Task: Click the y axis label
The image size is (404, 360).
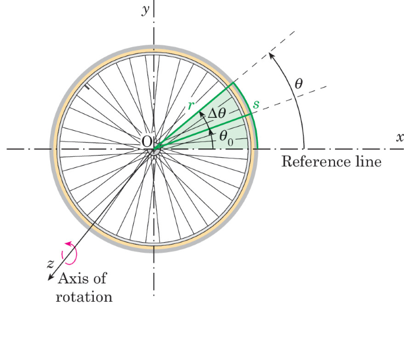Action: tap(144, 11)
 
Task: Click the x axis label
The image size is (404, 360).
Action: tap(399, 137)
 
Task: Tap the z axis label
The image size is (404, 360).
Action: tap(51, 263)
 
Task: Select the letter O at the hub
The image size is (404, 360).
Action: tap(147, 141)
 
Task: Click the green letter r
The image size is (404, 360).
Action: tap(190, 105)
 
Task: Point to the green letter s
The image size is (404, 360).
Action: tap(255, 104)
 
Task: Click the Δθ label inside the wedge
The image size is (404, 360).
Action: tap(213, 114)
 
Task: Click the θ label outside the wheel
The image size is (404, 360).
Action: tap(298, 84)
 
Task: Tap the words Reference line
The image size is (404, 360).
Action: tap(331, 161)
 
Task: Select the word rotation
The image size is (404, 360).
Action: tap(84, 296)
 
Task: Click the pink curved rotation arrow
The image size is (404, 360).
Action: tap(71, 252)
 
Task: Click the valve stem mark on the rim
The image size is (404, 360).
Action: tap(86, 88)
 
